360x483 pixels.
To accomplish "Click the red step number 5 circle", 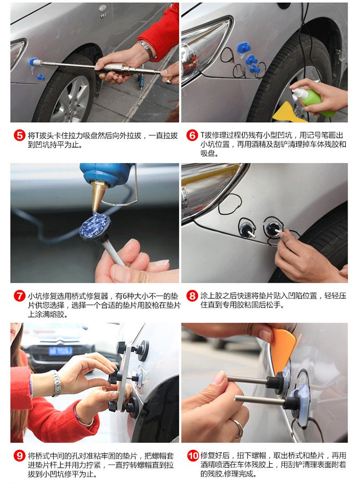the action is [x=19, y=135].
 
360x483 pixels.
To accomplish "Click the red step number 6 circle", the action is [x=192, y=135].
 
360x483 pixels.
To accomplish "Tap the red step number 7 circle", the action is [x=19, y=296].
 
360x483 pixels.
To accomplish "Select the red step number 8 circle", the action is [x=192, y=296].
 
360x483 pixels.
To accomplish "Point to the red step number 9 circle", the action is [x=19, y=456].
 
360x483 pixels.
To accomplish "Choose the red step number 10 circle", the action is [x=193, y=456].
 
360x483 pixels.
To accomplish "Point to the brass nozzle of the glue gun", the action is [x=98, y=197].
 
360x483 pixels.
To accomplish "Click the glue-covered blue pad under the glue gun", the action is [x=94, y=225].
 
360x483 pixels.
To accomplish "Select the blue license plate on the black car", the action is [x=60, y=351].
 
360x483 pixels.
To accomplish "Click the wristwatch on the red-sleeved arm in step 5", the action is [x=147, y=49].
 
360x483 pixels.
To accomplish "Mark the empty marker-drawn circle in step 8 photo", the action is [x=230, y=204].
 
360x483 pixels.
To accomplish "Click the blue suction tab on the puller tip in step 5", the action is [x=33, y=62].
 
